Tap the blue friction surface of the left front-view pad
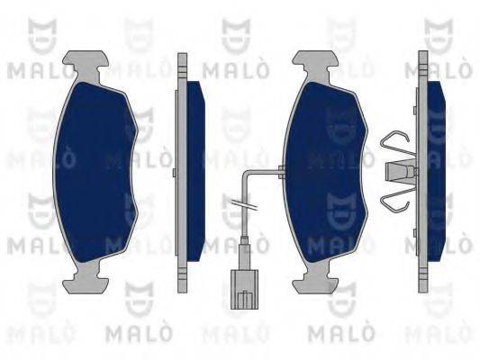coord(95,172)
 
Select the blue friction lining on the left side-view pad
coord(195,171)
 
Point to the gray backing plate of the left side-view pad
coord(182,173)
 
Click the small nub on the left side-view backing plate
coord(174,173)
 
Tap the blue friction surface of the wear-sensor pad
coord(325,172)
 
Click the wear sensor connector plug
coord(244,289)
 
